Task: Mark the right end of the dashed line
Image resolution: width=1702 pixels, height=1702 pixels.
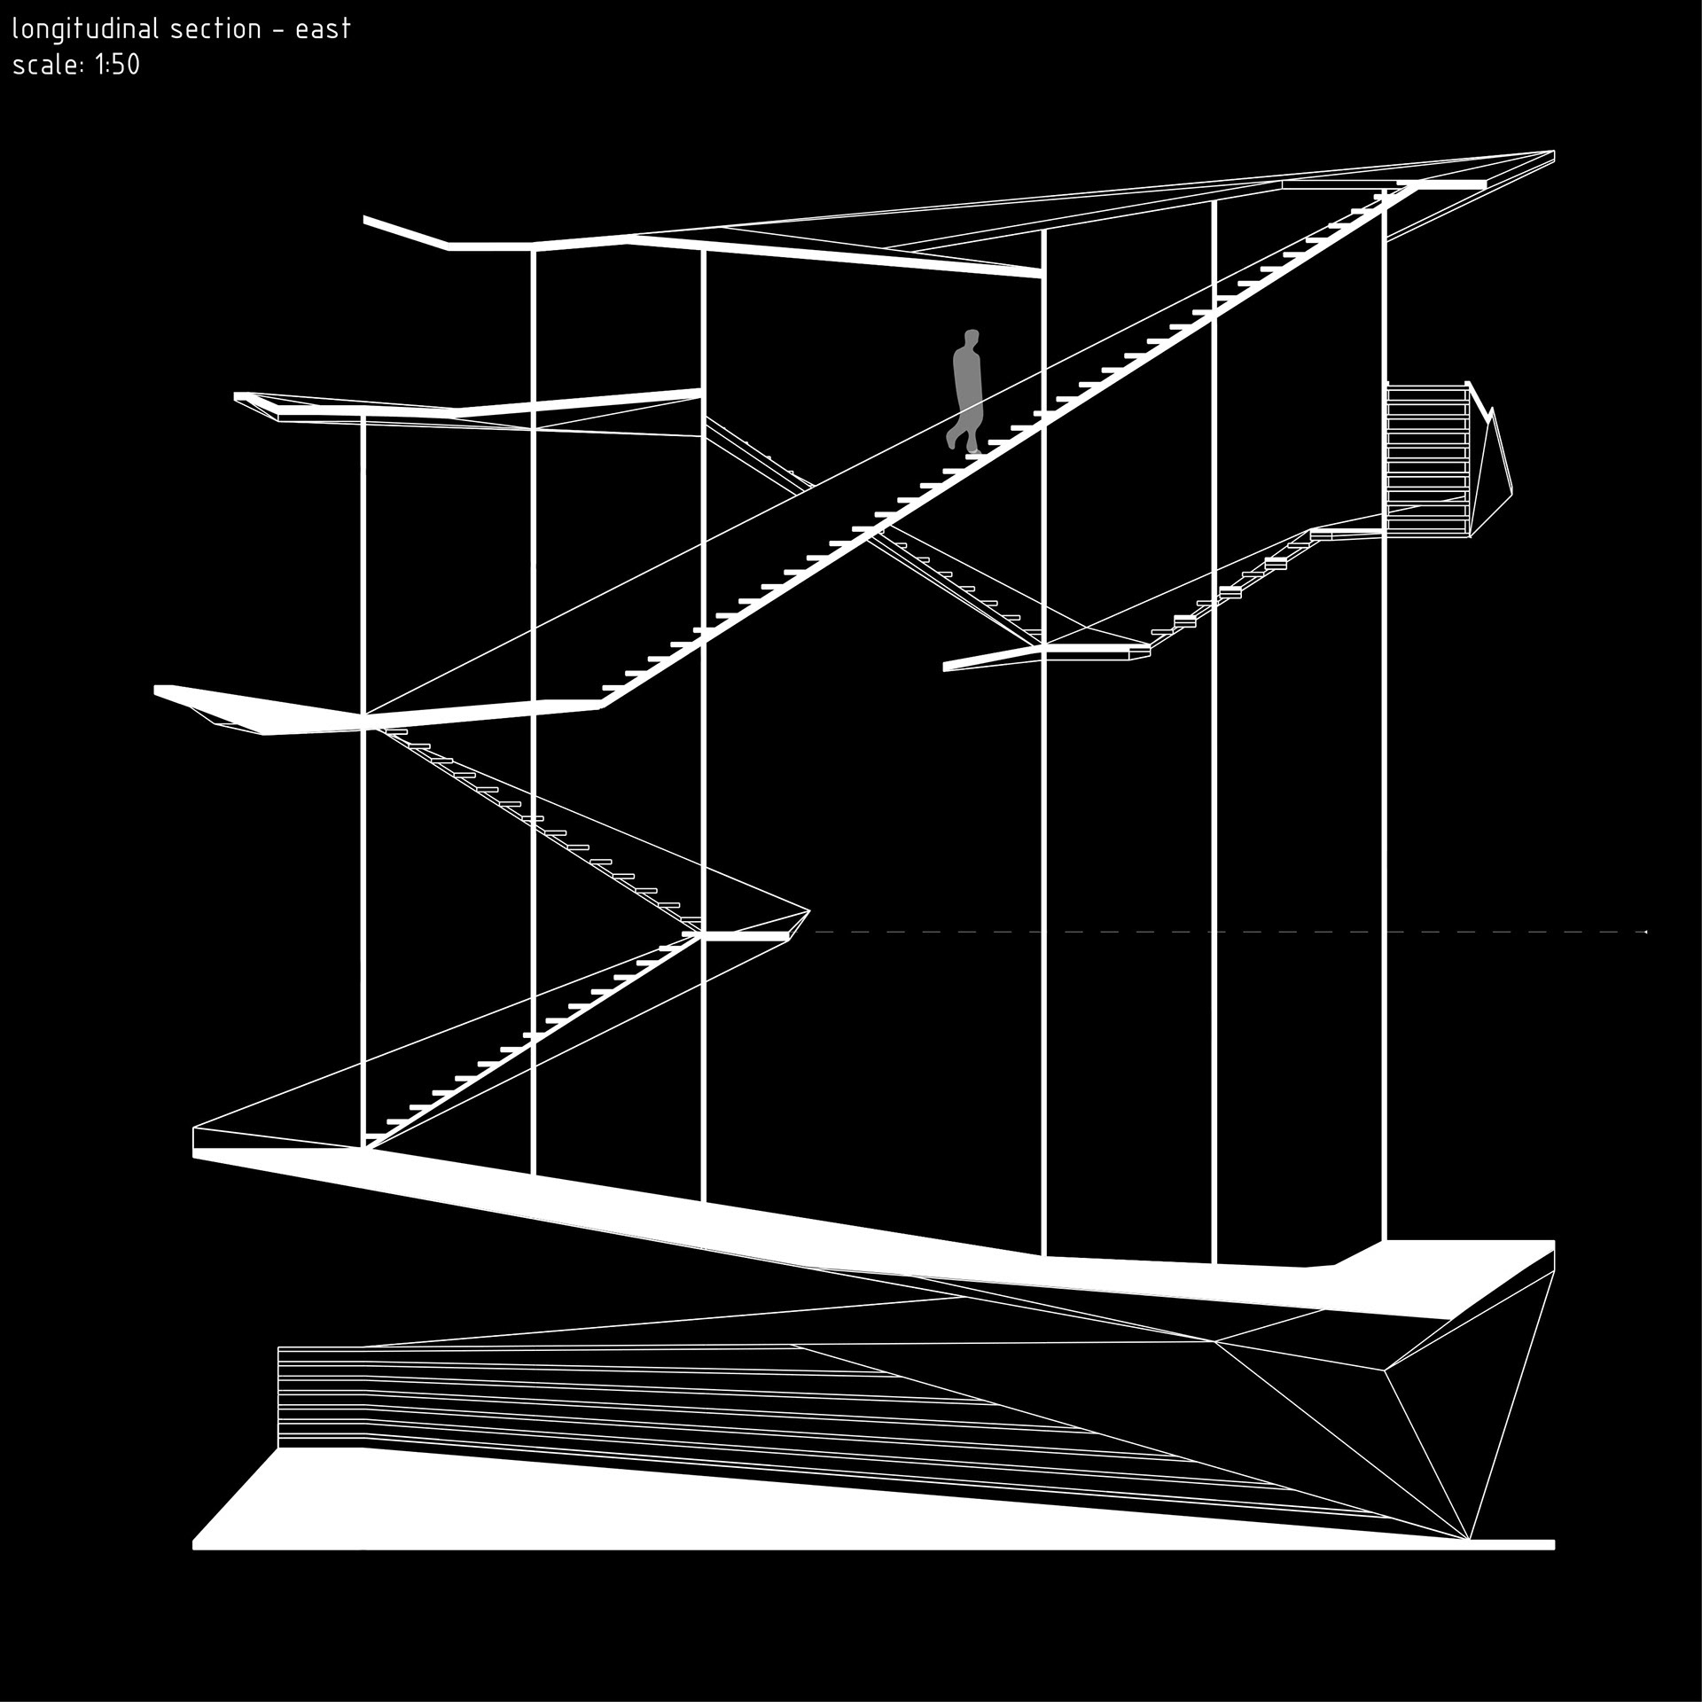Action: tap(1645, 932)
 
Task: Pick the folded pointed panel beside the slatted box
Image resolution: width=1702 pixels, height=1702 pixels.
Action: tap(1494, 470)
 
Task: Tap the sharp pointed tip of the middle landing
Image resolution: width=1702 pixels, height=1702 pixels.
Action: tap(809, 910)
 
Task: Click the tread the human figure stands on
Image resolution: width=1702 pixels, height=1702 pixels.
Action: tap(975, 455)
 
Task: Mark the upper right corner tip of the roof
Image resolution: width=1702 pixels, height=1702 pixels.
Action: tap(1554, 152)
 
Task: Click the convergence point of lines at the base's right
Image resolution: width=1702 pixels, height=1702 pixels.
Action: tap(1468, 1540)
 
